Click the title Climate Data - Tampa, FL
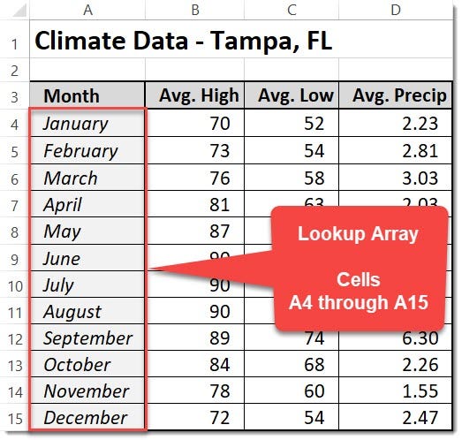pos(184,41)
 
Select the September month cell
pos(87,338)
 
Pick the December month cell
pos(85,418)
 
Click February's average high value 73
pos(219,150)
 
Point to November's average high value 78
pos(219,391)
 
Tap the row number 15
pos(14,418)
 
